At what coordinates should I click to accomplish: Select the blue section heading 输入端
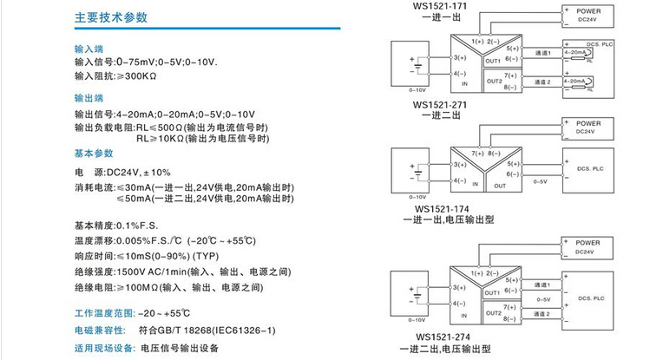pos(89,49)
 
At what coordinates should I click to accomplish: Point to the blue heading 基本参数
pos(95,153)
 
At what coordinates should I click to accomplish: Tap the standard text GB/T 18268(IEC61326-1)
pos(207,331)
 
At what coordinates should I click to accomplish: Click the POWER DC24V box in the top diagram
pos(589,15)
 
